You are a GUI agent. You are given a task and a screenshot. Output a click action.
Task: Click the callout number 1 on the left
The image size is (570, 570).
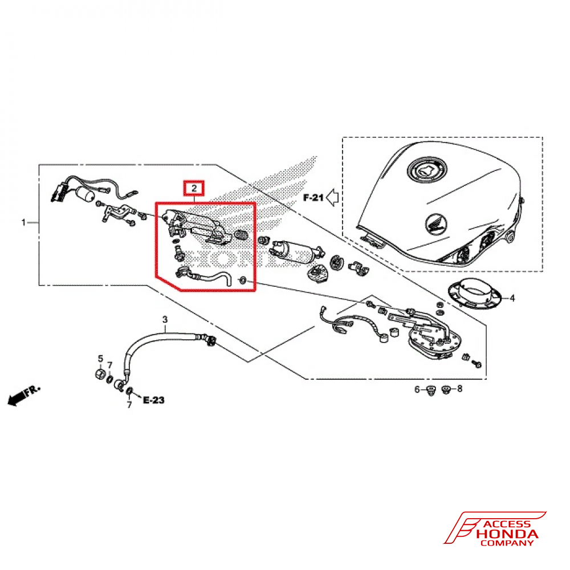(x=23, y=222)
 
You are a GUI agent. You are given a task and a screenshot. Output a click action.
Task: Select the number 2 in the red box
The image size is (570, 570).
(x=194, y=188)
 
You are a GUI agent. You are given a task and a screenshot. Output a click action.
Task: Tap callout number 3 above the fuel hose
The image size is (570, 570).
(x=165, y=319)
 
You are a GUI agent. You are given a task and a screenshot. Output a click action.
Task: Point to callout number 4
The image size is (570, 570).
(x=511, y=298)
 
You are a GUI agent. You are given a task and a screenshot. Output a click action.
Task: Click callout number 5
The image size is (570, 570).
(x=100, y=359)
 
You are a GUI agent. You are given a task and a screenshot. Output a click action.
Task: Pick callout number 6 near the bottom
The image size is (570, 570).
(x=417, y=389)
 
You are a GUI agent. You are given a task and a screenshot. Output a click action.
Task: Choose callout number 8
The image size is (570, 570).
(x=460, y=389)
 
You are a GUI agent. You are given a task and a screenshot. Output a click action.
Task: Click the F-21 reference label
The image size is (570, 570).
(x=313, y=198)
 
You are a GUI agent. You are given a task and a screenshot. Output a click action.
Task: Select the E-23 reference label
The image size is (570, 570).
(x=153, y=401)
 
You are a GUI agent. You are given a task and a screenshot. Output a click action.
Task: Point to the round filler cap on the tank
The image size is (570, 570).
(x=427, y=169)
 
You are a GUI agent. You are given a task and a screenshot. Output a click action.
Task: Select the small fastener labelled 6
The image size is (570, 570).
(x=431, y=390)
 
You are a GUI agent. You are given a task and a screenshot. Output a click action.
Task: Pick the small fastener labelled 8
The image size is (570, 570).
(x=446, y=389)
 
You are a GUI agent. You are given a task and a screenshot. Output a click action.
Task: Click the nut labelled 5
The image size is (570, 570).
(x=100, y=375)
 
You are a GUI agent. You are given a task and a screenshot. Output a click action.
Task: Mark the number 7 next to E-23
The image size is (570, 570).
(x=129, y=404)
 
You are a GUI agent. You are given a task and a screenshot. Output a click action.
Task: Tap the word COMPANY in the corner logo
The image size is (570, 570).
(x=507, y=543)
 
